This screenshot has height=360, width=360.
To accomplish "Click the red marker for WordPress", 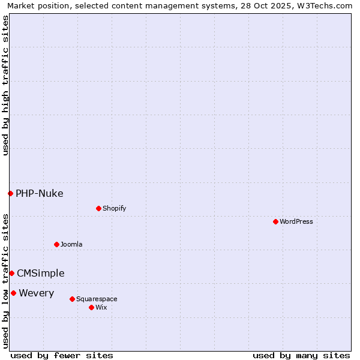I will tap(275, 221).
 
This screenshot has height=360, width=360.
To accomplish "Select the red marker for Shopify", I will tap(98, 208).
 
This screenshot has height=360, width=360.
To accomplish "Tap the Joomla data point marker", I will tap(56, 244).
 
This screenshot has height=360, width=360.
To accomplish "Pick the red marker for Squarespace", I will tap(72, 299).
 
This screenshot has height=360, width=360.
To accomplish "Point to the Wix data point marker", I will tap(91, 307).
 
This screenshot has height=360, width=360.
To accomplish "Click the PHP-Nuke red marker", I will tap(10, 193).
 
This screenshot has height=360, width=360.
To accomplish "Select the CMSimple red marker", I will tap(11, 273).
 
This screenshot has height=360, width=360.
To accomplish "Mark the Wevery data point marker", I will tap(13, 293).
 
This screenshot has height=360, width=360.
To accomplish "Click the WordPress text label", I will tap(296, 221).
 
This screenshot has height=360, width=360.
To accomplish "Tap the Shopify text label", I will tap(114, 208).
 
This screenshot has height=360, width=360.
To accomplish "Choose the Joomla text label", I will tap(71, 244).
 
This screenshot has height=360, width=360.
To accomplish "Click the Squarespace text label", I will tap(97, 299).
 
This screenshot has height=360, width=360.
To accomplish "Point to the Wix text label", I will tap(101, 307).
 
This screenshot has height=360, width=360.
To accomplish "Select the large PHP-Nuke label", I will tap(40, 193).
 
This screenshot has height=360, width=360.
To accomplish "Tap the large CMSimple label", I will tap(41, 273).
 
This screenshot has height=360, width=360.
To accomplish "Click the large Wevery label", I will tap(37, 293).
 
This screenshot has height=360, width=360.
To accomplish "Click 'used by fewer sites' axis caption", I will tap(62, 355).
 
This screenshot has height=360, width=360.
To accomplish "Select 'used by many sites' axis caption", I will tap(301, 355).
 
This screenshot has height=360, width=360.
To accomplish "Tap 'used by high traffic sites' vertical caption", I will tap(5, 85).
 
